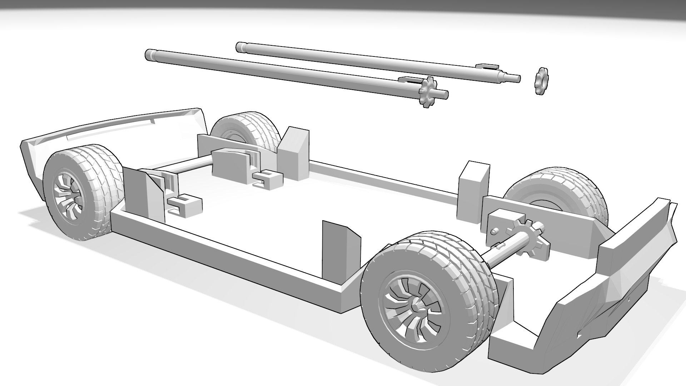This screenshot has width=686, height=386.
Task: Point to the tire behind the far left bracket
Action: pyautogui.click(x=247, y=130)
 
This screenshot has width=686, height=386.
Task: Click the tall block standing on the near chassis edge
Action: pyautogui.click(x=339, y=250)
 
